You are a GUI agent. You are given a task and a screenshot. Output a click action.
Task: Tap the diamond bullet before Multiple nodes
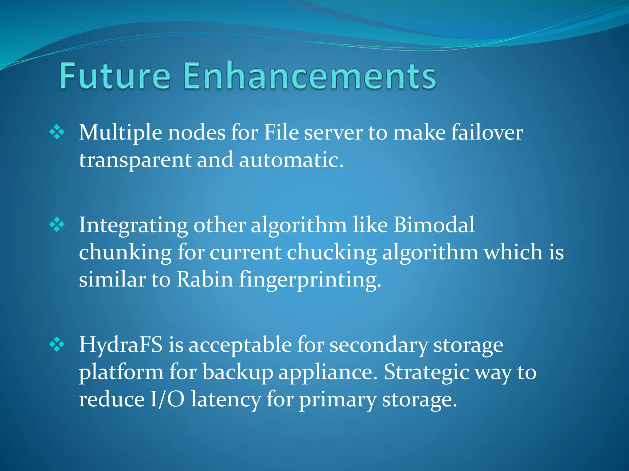(x=57, y=132)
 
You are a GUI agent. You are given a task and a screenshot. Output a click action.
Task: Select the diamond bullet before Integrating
(x=57, y=225)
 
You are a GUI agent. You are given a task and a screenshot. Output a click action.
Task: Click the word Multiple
(x=120, y=133)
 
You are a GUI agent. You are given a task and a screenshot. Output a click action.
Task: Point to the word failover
(x=487, y=132)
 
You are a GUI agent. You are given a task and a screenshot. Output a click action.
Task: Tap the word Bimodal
(x=434, y=225)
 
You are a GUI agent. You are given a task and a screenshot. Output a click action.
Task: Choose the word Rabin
(x=205, y=280)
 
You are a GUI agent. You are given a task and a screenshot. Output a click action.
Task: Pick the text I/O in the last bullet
(x=167, y=400)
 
